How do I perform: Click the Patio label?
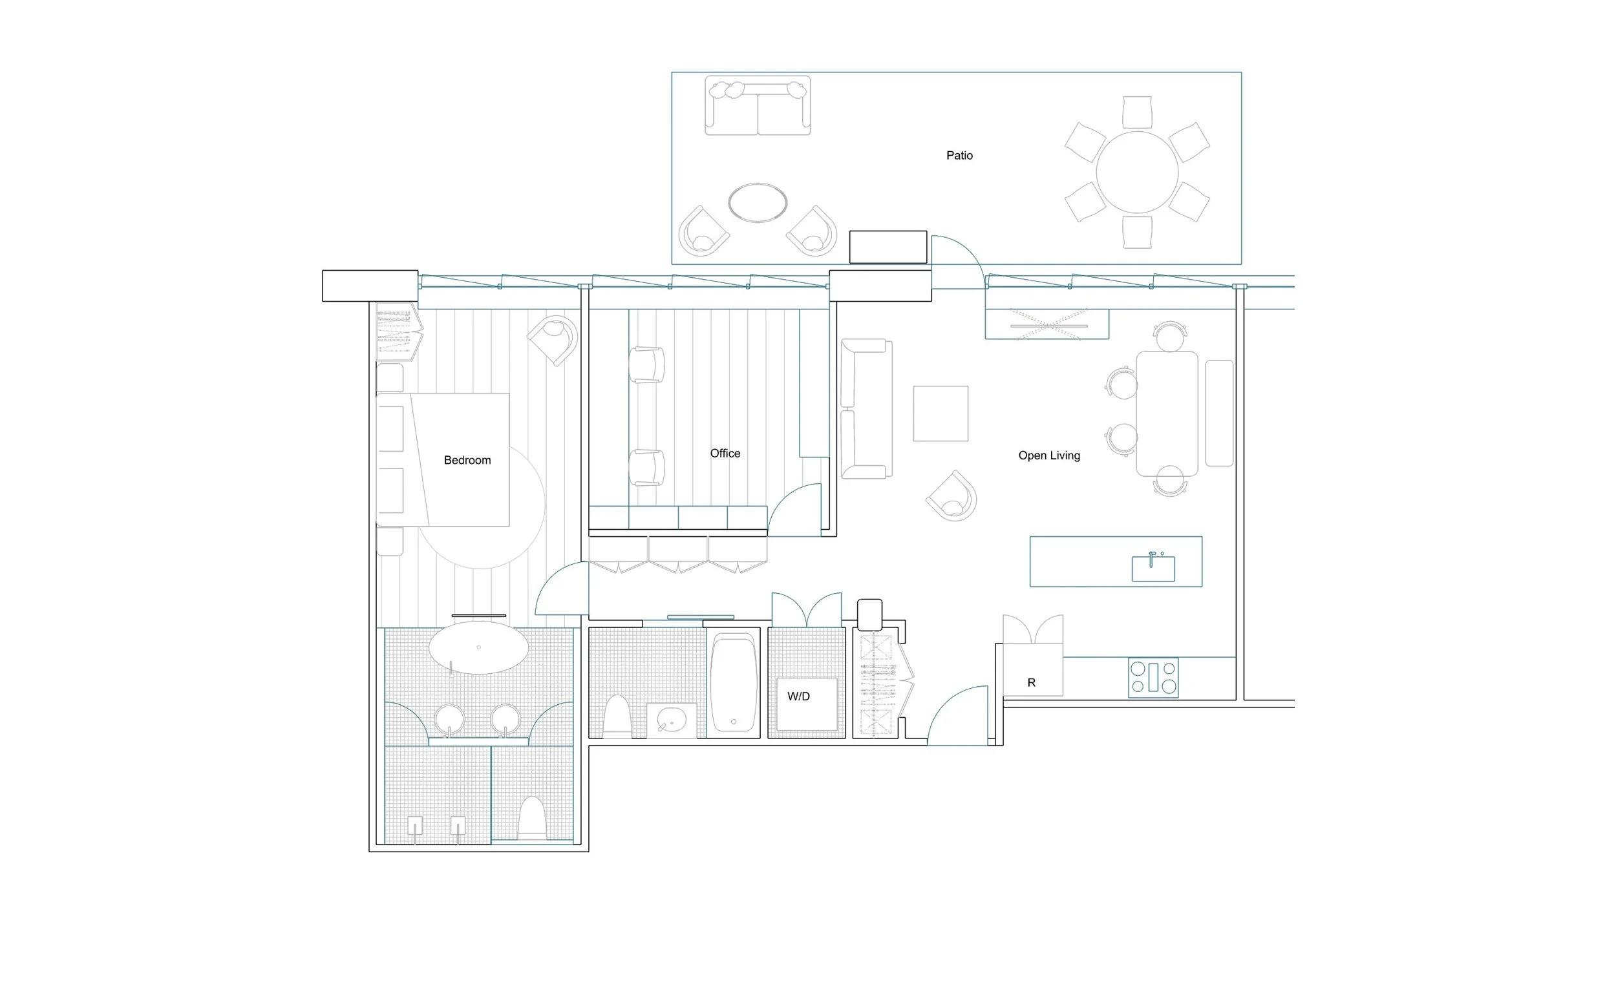(959, 155)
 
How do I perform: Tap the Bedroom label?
(467, 460)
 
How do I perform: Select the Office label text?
(725, 454)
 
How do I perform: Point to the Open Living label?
(1049, 456)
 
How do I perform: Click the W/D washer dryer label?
(798, 696)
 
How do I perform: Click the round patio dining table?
(1137, 173)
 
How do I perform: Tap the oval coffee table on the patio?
(758, 203)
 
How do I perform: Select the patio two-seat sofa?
(758, 105)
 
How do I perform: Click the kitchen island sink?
(1153, 569)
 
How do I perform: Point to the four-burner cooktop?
(1153, 678)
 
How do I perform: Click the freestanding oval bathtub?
(478, 647)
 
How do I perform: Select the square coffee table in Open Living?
(941, 414)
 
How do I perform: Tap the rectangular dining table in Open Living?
(1167, 414)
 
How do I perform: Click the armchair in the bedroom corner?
(554, 339)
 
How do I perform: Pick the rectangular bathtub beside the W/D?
(734, 682)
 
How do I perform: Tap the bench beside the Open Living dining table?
(1219, 414)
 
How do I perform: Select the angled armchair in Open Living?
(952, 496)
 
